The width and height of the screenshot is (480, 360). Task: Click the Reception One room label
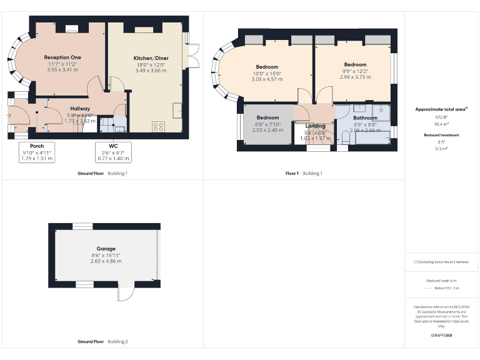click(x=62, y=57)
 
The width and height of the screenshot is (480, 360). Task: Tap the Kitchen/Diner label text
click(x=151, y=58)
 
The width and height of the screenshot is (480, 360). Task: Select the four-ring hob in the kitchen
click(x=158, y=126)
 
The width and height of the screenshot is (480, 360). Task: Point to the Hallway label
click(x=80, y=109)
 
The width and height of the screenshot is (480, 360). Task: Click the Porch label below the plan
click(x=37, y=146)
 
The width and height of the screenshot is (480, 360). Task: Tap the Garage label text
click(x=106, y=248)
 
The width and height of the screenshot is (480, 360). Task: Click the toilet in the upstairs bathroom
click(x=345, y=139)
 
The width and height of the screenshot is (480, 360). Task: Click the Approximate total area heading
click(x=441, y=109)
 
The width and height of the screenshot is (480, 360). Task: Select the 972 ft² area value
click(x=441, y=117)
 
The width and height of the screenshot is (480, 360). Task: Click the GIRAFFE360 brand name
click(x=441, y=336)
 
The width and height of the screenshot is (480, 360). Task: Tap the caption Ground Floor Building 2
click(x=102, y=342)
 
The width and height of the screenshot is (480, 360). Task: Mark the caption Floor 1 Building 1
click(x=304, y=173)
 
